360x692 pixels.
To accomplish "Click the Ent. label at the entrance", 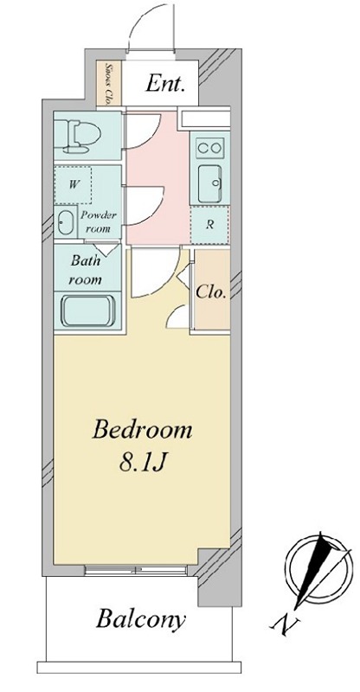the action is [164, 83].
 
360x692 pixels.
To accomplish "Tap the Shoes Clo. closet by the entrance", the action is [103, 82].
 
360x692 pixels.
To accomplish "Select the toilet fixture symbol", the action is [81, 136].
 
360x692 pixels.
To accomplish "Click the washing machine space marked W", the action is [73, 185].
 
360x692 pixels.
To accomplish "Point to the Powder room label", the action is [98, 222].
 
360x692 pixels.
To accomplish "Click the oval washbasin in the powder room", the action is [66, 222].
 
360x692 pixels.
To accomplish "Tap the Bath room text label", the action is [86, 269].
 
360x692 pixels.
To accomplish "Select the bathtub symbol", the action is [88, 311].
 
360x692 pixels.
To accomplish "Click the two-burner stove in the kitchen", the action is [210, 148].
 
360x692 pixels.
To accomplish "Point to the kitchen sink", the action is [210, 183].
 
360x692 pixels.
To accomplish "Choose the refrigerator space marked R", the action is [209, 225].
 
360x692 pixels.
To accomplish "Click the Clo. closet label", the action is [211, 292].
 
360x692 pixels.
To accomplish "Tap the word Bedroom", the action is [142, 430].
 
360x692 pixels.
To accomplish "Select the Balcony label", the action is [140, 619].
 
